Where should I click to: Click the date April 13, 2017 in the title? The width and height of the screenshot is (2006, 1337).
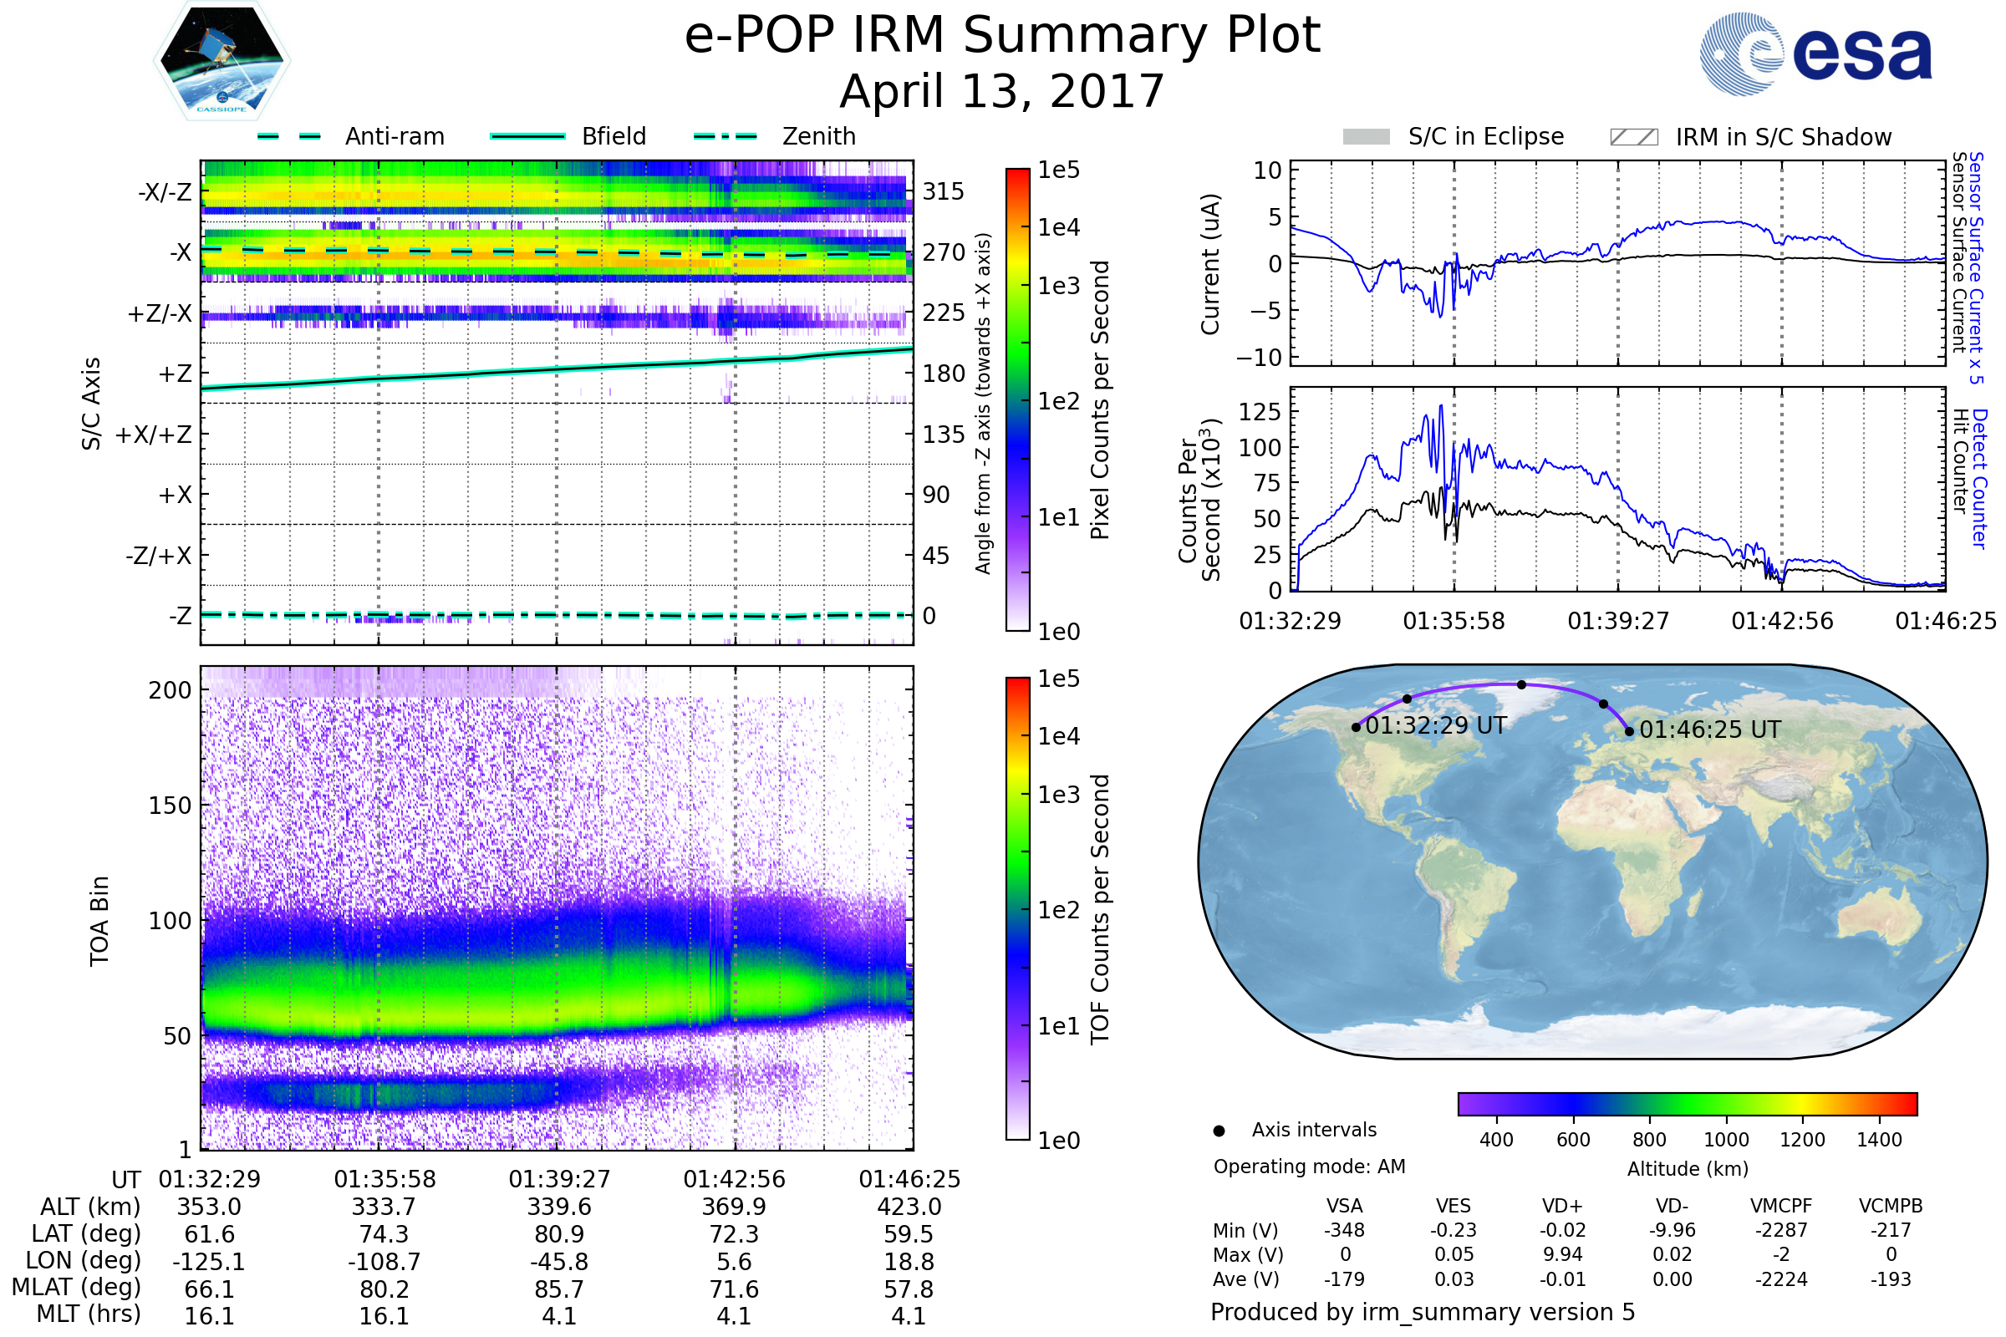(1002, 91)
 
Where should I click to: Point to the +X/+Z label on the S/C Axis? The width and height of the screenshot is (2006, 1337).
(154, 435)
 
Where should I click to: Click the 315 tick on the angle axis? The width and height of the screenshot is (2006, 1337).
(944, 191)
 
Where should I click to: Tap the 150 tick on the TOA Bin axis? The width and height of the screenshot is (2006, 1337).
(170, 806)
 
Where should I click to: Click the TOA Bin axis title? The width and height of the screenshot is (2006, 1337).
(99, 921)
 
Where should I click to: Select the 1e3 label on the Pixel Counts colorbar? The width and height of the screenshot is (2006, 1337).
(1058, 286)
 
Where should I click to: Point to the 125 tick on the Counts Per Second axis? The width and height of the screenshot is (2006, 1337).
(1260, 412)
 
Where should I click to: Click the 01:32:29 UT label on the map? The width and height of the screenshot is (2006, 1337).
(1436, 725)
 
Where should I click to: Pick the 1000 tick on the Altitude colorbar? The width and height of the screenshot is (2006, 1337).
(1726, 1140)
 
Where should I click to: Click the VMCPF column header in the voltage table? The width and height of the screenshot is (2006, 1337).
(1781, 1206)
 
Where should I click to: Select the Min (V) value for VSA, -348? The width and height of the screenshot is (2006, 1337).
(1344, 1230)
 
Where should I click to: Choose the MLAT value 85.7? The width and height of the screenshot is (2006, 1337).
(559, 1289)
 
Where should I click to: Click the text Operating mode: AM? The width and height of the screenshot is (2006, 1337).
(1309, 1167)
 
